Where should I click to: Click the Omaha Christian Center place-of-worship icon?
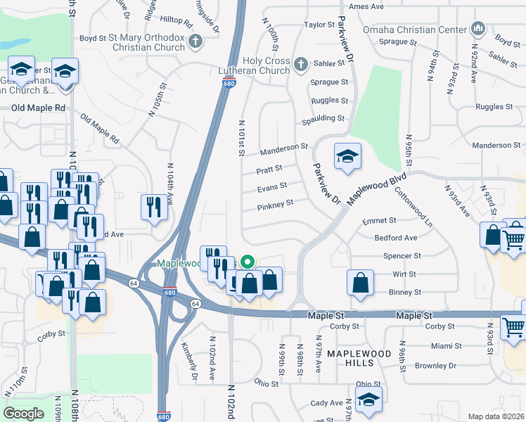[479, 29]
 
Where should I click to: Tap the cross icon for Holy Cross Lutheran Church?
[301, 65]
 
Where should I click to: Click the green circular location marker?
[247, 262]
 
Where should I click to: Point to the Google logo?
[23, 413]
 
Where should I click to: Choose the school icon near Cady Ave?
[368, 399]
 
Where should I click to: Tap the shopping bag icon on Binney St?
[360, 282]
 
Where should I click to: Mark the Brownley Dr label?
[435, 366]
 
